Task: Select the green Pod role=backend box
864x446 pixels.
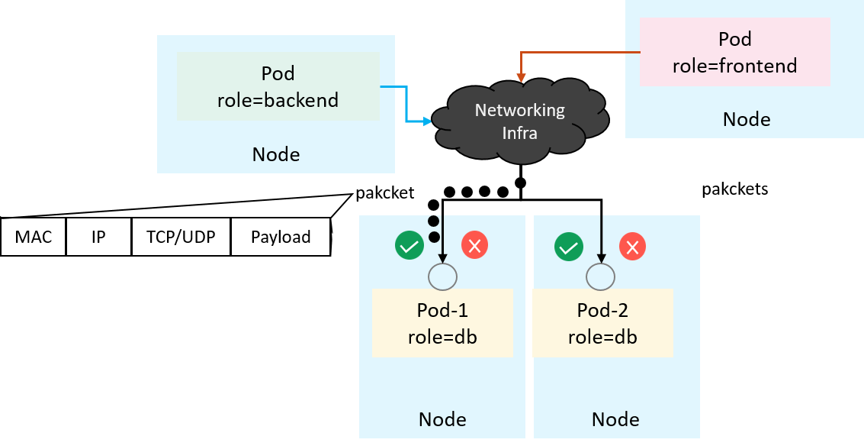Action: point(278,86)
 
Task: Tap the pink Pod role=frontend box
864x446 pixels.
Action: point(734,52)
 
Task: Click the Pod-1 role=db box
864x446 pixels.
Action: point(442,323)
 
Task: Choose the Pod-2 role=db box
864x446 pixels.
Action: point(602,323)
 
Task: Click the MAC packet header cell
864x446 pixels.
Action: point(34,237)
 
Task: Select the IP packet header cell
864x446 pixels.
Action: point(98,237)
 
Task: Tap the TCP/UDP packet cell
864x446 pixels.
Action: point(181,237)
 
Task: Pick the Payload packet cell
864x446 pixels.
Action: point(281,237)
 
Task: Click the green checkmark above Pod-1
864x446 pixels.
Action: point(410,246)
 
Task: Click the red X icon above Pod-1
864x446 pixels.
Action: point(474,246)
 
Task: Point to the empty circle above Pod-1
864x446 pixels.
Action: point(442,276)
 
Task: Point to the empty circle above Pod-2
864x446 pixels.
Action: point(601,276)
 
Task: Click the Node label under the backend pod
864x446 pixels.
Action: point(276,155)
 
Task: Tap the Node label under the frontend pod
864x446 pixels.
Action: point(747,119)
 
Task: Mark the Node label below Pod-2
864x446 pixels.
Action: point(615,419)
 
